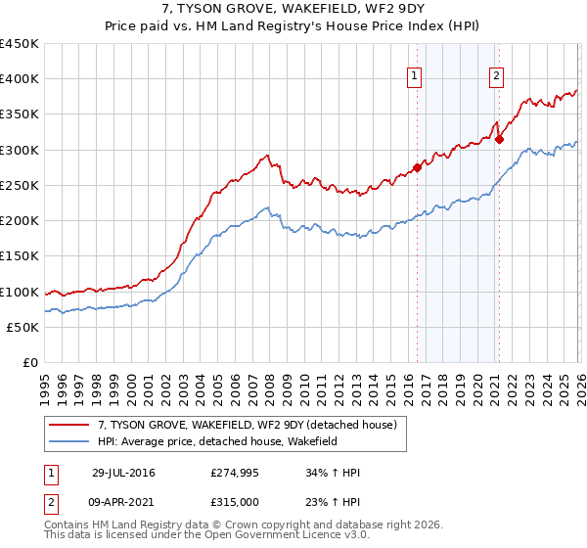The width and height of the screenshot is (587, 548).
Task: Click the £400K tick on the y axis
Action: (20, 79)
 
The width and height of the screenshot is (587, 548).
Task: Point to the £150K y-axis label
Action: (20, 256)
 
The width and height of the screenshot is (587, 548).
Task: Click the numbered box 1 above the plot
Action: (414, 76)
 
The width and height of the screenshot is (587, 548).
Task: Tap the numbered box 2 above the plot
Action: (496, 76)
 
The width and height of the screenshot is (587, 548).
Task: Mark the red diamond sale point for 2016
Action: (417, 167)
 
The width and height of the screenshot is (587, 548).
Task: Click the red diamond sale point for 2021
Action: (498, 139)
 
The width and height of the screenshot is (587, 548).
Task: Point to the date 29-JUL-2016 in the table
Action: (123, 473)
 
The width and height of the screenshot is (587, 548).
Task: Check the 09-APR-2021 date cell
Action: (123, 504)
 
